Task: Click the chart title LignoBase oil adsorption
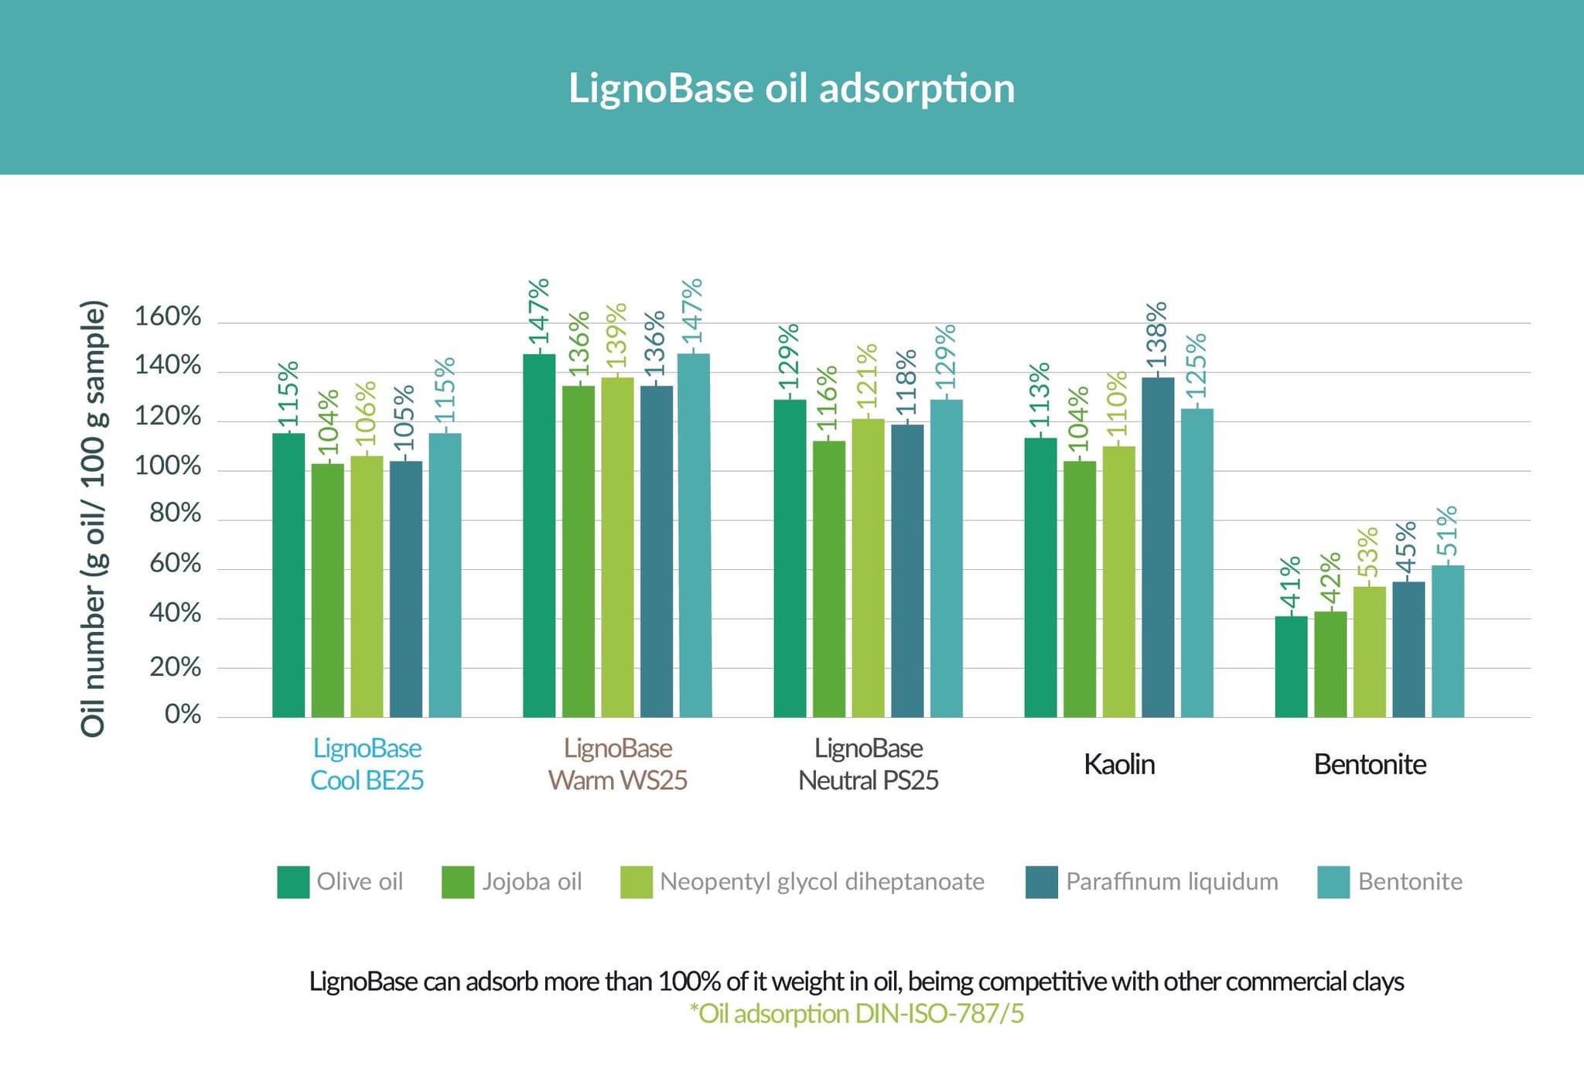(x=791, y=88)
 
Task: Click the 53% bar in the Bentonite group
(x=1369, y=651)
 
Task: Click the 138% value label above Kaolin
(x=1156, y=336)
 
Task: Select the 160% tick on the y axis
(x=168, y=316)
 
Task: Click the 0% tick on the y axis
(x=183, y=714)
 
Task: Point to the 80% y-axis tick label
(x=175, y=514)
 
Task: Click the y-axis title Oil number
(x=93, y=518)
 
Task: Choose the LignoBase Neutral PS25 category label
(x=868, y=764)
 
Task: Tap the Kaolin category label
(x=1118, y=764)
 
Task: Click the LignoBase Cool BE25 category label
(x=367, y=764)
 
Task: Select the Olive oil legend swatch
(x=293, y=883)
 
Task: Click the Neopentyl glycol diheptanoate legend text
(x=821, y=882)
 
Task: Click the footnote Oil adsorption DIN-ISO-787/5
(x=856, y=1014)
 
